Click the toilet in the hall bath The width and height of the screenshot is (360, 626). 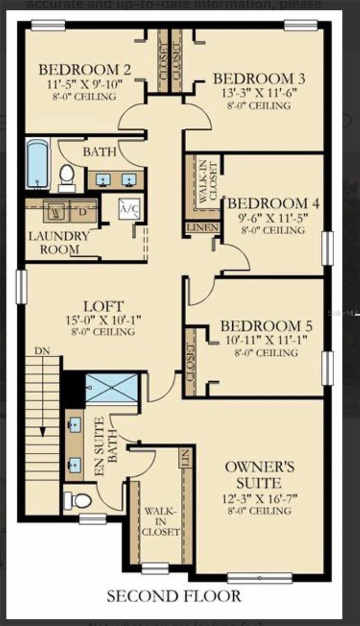[x=67, y=175]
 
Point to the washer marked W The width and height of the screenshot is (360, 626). [x=56, y=211]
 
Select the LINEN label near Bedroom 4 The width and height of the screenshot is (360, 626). [x=203, y=228]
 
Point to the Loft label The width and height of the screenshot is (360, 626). [x=104, y=306]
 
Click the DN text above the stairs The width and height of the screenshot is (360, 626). [x=42, y=351]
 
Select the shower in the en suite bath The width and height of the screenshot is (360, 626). [x=112, y=388]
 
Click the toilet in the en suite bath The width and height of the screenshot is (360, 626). [x=78, y=500]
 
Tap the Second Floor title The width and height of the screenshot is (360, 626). [x=174, y=596]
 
